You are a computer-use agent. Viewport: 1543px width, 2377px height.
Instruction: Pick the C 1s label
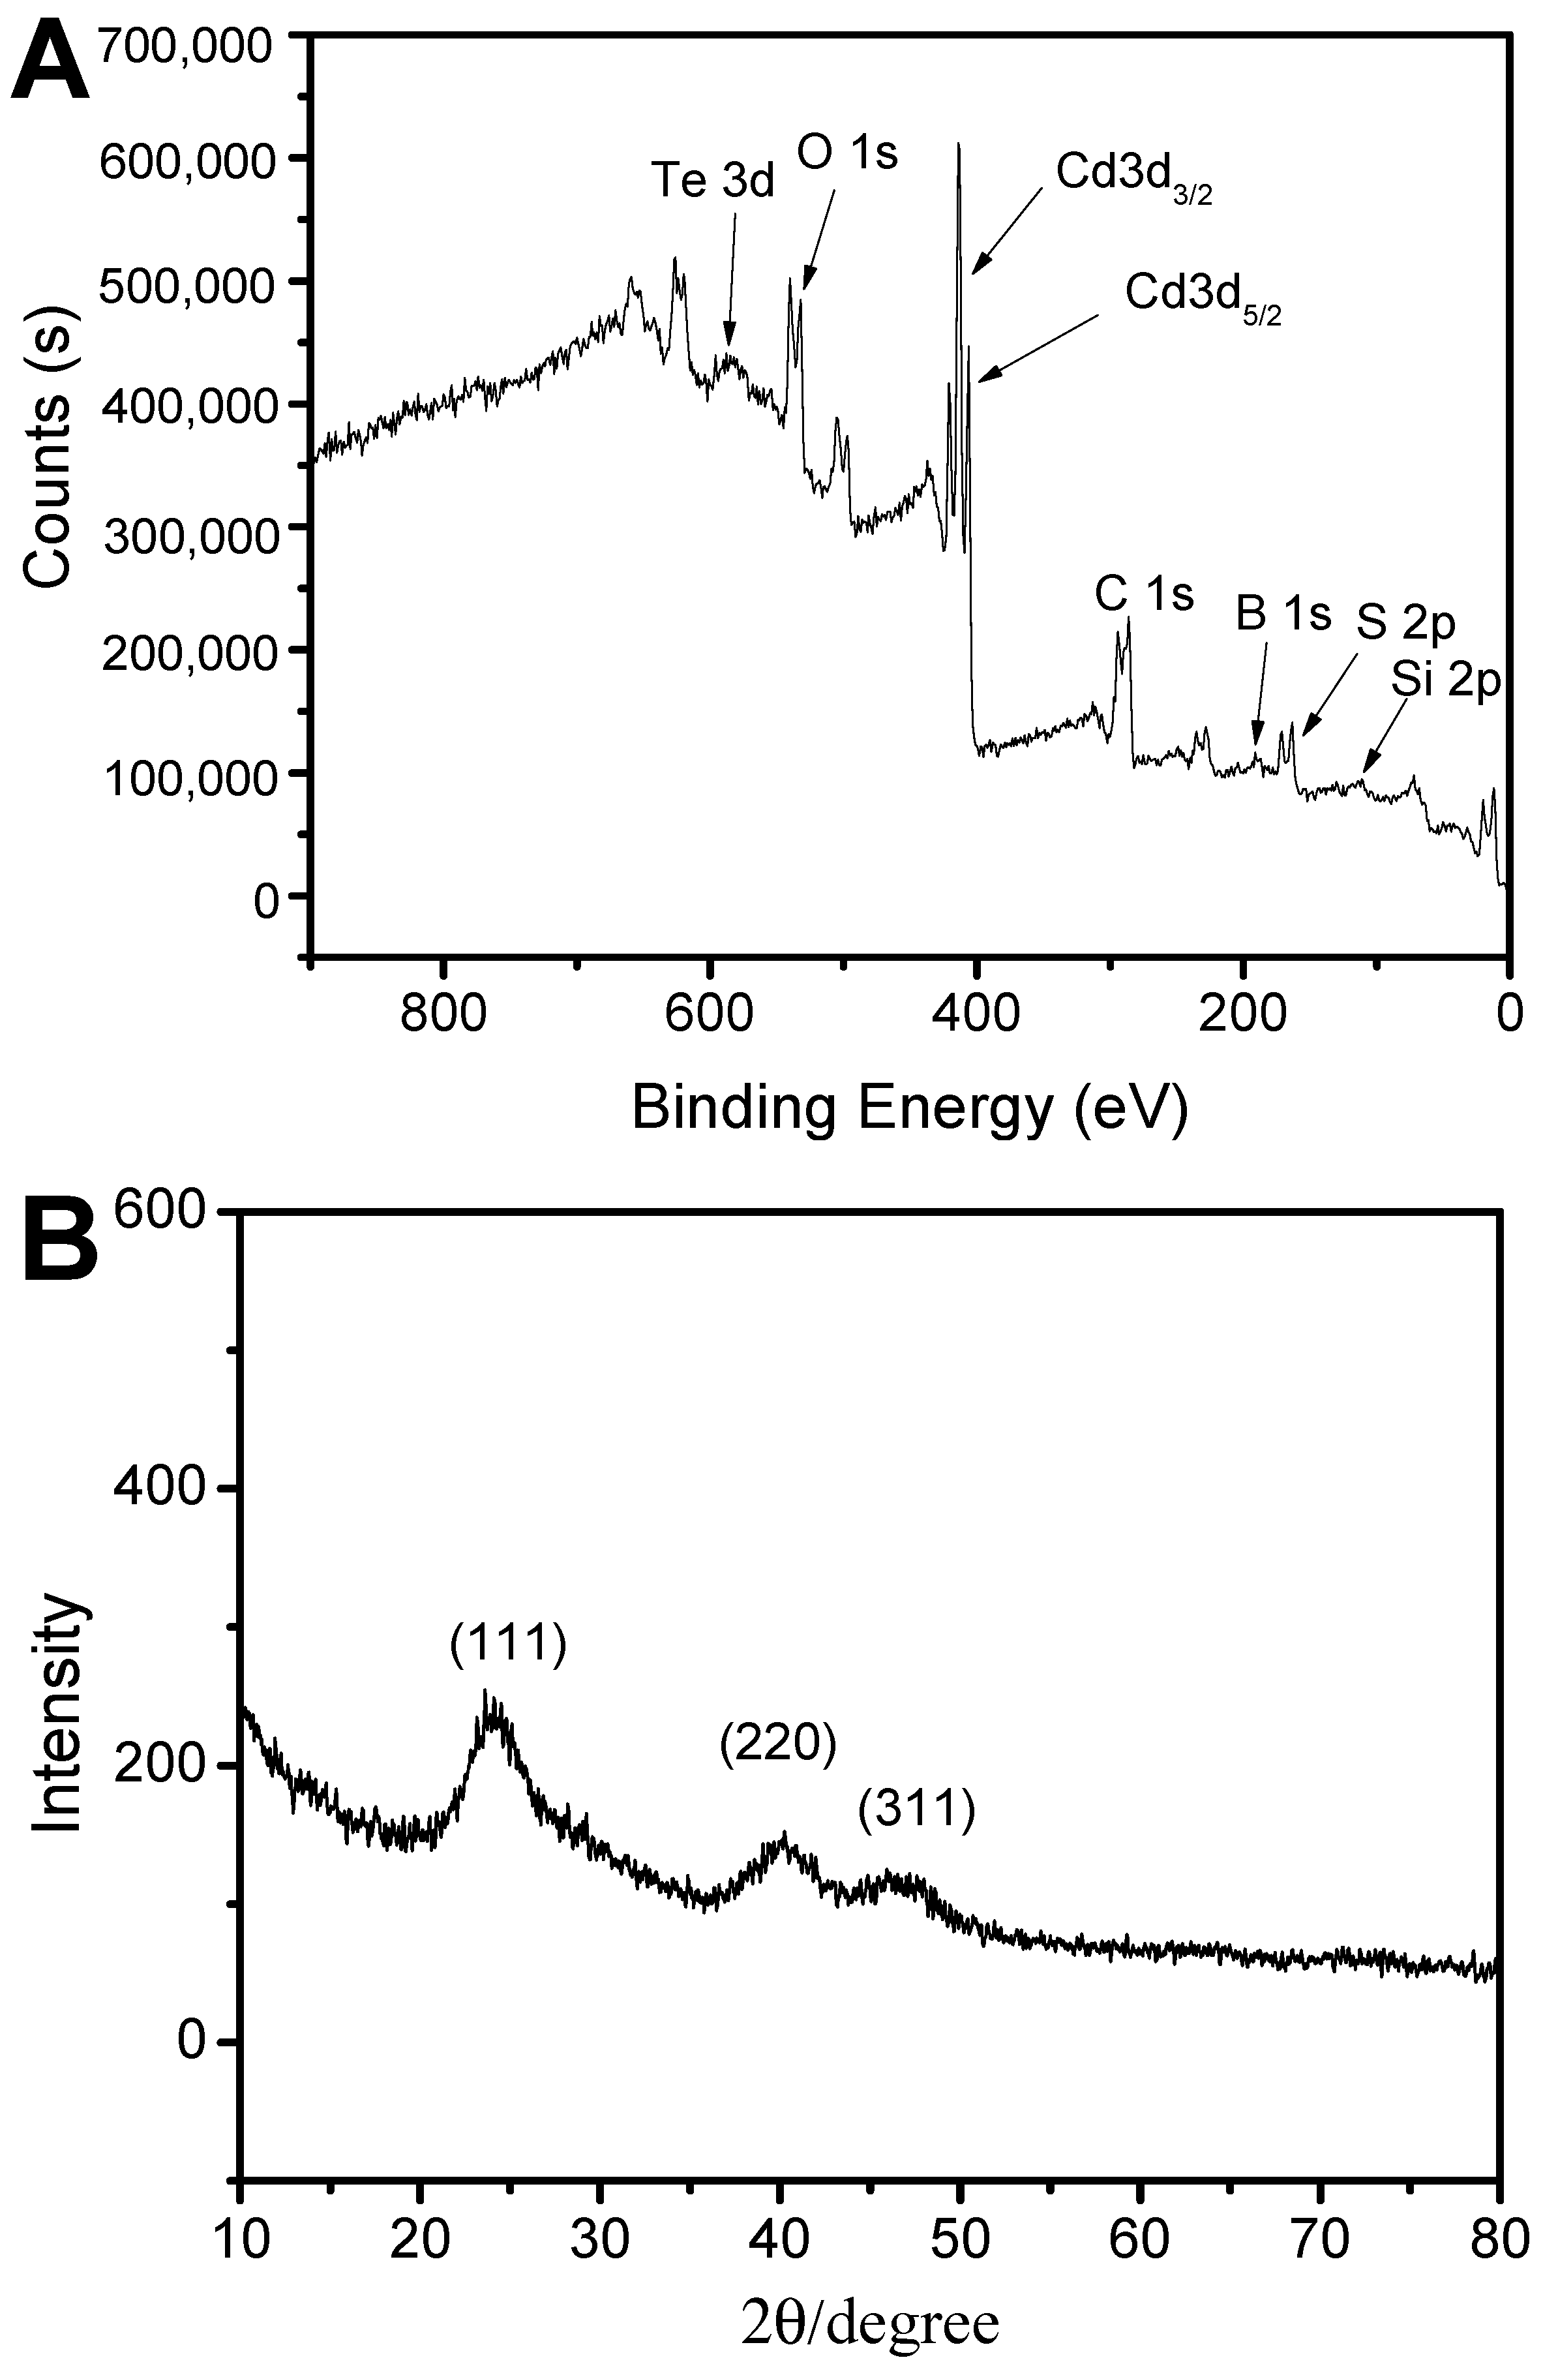[x=1143, y=596]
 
